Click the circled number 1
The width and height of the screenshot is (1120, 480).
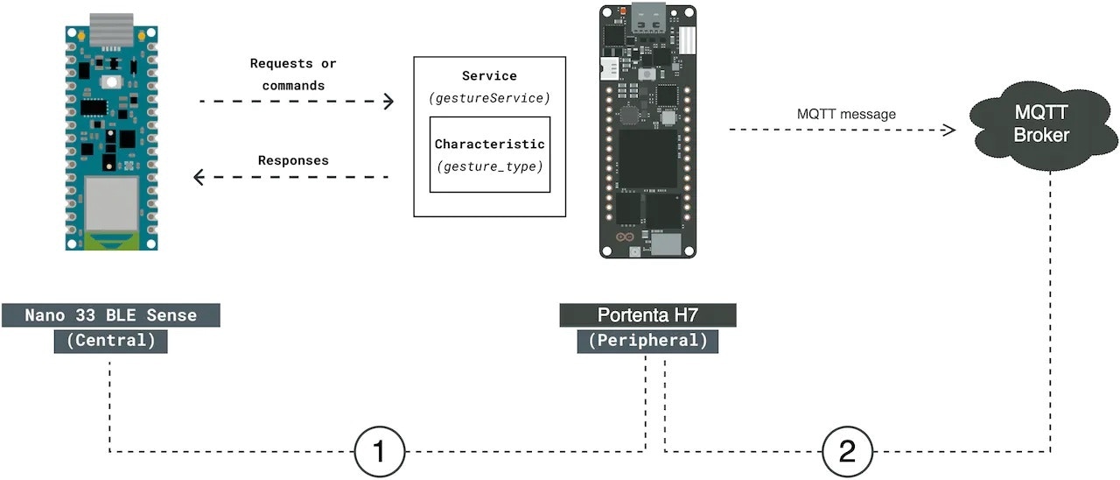(380, 452)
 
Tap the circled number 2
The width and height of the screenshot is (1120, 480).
(847, 452)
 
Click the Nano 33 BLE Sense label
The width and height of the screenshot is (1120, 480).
(110, 315)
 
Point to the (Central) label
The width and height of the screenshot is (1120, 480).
(110, 342)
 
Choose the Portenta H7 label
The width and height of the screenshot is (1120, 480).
(647, 315)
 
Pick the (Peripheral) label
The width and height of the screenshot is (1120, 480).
(647, 342)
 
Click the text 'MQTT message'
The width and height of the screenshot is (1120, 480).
(846, 114)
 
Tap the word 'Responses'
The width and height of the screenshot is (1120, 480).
(293, 161)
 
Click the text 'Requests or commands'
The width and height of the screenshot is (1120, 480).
(293, 74)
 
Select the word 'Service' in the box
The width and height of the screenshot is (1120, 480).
(489, 77)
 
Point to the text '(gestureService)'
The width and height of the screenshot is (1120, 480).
(489, 99)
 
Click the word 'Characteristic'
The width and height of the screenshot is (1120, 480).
(489, 144)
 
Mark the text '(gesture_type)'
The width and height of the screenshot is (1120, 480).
(489, 165)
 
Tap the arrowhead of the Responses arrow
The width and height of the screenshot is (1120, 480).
(199, 178)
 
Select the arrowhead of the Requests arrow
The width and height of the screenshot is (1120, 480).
(388, 102)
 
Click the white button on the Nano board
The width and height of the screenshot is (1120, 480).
(111, 82)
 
